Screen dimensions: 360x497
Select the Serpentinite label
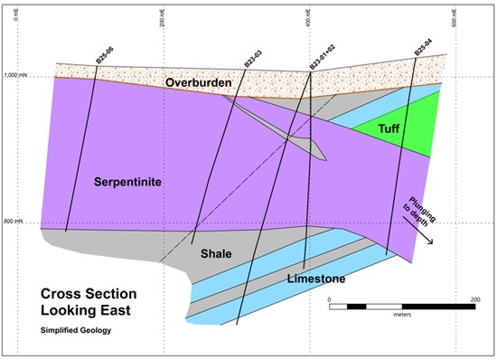(127, 182)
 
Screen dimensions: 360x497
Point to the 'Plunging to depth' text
(417, 211)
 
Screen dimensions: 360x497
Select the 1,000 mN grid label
(15, 76)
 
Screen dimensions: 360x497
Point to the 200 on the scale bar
(474, 298)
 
